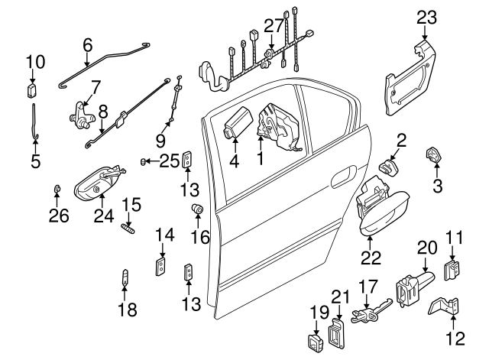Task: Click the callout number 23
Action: click(427, 17)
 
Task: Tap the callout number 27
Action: click(274, 26)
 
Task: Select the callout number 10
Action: click(35, 61)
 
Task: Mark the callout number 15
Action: click(132, 204)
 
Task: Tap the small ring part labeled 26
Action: click(58, 188)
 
